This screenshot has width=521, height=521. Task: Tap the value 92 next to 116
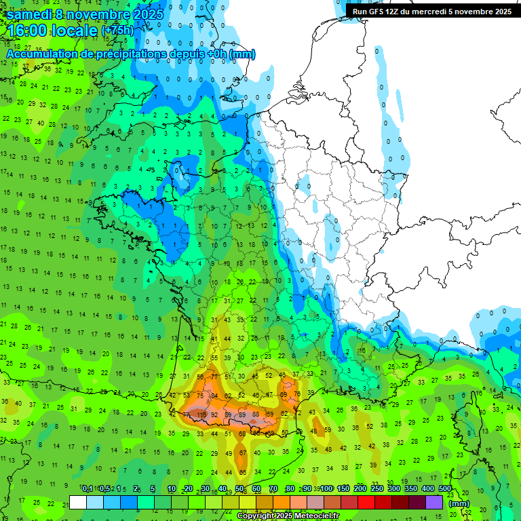point(214,414)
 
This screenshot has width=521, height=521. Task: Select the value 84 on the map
point(215,395)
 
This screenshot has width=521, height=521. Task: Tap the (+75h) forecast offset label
point(117,31)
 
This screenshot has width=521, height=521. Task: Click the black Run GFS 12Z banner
point(429,11)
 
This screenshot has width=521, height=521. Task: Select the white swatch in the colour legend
point(77,502)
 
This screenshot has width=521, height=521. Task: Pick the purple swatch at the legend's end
point(434,502)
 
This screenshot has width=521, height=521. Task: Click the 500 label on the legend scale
point(445,488)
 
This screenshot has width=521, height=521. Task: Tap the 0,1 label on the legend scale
point(88,488)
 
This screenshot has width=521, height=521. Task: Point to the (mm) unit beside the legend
point(459,503)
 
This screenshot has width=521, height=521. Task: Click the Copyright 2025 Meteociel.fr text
point(288,516)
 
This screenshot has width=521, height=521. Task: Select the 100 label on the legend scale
point(326,488)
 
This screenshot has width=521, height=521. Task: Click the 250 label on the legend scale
point(377,488)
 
